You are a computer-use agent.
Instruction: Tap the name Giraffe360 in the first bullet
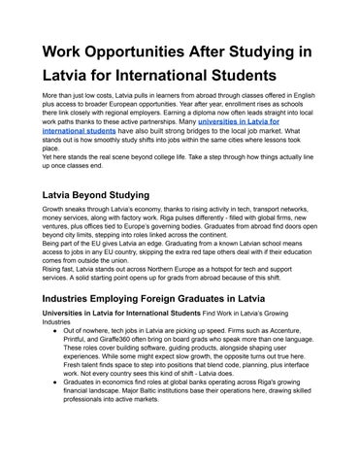click(125, 364)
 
